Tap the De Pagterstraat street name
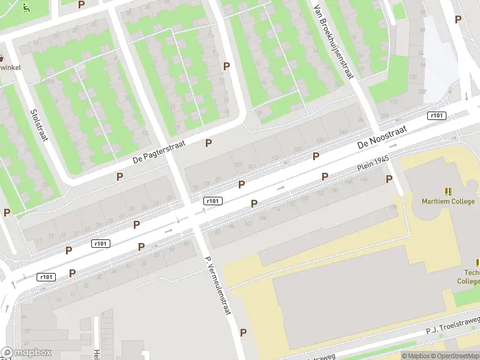coord(160,152)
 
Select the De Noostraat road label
coord(382,137)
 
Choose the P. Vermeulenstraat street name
coord(218,286)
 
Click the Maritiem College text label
coord(448,202)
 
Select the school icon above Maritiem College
coord(448,191)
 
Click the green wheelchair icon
coord(26,8)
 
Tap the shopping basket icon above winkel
coord(2,58)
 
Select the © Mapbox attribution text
coord(415,356)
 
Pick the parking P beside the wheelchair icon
coord(82,4)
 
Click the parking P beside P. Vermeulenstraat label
coord(243,332)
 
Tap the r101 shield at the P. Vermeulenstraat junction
coord(213,201)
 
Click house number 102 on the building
coord(247,224)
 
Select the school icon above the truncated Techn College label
coord(478,263)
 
